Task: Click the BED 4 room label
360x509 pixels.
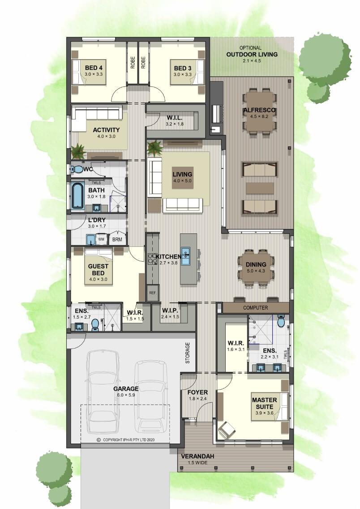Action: click(x=94, y=68)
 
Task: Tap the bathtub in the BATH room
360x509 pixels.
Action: click(x=77, y=196)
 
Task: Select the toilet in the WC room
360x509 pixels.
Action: click(x=77, y=169)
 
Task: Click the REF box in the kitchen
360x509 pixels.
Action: click(x=152, y=293)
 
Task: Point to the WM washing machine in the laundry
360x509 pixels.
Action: click(x=102, y=240)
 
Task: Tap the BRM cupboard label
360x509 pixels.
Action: click(x=117, y=240)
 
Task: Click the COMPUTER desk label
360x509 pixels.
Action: click(x=256, y=308)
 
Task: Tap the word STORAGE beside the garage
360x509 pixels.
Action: click(x=188, y=353)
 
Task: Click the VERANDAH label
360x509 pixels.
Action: click(x=197, y=456)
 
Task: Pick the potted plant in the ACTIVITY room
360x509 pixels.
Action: click(x=78, y=151)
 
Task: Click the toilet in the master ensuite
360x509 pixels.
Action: click(x=281, y=321)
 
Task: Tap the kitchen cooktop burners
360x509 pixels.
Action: click(x=152, y=259)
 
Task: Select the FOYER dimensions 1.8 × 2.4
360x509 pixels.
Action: click(x=197, y=399)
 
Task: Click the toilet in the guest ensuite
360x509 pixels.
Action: click(x=95, y=324)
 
